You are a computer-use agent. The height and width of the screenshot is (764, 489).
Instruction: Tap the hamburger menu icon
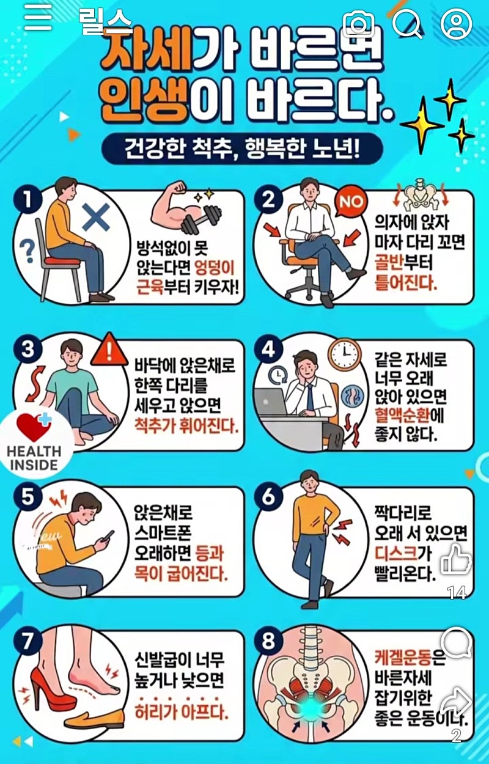coord(38,17)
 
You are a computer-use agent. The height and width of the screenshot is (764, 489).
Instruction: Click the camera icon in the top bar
coord(358,24)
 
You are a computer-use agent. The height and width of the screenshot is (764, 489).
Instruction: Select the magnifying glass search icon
coord(408,23)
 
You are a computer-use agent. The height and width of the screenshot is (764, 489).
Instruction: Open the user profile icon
coord(456,23)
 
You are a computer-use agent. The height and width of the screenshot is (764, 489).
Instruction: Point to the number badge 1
coord(28,199)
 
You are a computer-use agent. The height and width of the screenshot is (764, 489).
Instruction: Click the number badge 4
coord(269,349)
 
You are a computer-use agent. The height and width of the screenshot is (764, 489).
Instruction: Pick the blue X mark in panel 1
coord(96,217)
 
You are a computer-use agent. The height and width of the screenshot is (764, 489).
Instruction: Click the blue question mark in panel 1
coord(28,251)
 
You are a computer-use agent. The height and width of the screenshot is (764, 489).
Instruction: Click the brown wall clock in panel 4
coord(344,354)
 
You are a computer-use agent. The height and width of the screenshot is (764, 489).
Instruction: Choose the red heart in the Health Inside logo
coord(33,427)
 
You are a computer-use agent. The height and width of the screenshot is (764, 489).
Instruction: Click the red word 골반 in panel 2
coord(389,262)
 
